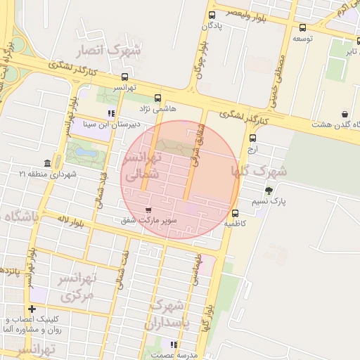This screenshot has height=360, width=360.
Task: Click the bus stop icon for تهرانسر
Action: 125,77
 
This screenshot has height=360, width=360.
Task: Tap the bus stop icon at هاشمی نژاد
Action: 157,98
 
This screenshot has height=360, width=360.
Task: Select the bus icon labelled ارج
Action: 253,138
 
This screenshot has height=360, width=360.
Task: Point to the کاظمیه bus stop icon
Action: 235,213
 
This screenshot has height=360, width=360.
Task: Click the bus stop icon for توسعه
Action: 302,28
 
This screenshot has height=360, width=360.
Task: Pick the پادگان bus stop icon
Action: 212,15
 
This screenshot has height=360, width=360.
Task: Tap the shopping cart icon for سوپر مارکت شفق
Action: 148,210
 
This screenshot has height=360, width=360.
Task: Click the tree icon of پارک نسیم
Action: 268,190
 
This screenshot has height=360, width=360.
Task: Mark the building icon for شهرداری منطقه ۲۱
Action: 46,162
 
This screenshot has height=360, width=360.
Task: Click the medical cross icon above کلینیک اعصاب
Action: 32,309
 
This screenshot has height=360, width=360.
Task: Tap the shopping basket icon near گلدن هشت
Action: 345,114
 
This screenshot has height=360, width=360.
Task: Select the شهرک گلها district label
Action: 264,171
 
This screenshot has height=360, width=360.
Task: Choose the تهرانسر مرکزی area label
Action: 77,287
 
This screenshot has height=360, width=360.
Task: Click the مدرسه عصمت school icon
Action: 174,345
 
